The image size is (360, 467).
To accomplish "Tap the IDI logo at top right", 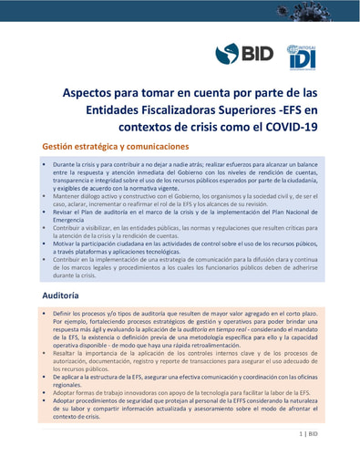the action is [x=301, y=57].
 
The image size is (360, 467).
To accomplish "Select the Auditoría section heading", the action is [x=67, y=297].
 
